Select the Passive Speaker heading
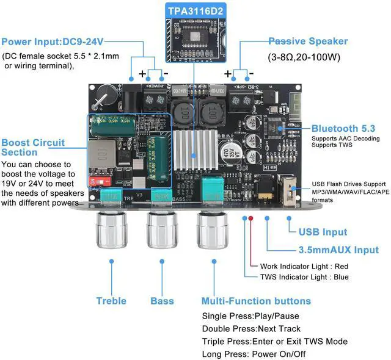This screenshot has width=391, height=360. coord(308,41)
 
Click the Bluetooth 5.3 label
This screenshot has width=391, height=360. coord(343,129)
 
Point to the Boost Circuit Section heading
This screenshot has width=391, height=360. coord(33,147)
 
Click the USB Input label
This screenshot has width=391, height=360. coord(323,232)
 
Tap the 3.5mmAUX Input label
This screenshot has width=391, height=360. coord(338,250)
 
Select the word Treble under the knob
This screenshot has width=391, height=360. coord(111,301)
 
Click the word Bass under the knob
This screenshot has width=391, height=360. coord(162,301)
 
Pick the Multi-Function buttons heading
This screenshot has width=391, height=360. coord(256,301)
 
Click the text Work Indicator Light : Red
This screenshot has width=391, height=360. coord(304,267)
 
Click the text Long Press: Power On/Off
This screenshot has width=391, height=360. coord(254,354)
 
